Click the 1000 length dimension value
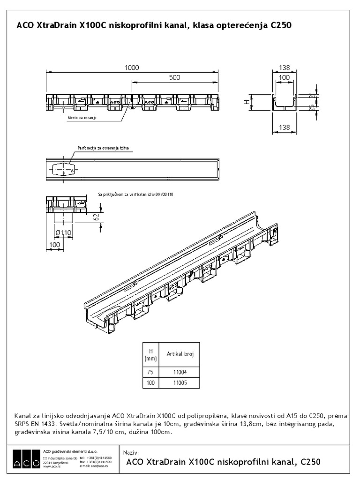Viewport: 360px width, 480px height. pos(132,67)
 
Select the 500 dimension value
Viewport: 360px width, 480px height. pos(174,78)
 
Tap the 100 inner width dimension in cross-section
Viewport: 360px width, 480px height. pos(285,78)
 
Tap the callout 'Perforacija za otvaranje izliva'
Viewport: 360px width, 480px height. pos(103,149)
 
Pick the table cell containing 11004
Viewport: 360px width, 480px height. pos(180,373)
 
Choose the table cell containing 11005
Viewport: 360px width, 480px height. pos(180,383)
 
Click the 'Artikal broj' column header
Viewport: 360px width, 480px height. pos(180,355)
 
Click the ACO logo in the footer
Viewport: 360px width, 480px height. pos(27,458)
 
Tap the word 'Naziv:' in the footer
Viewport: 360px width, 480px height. pos(131,452)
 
